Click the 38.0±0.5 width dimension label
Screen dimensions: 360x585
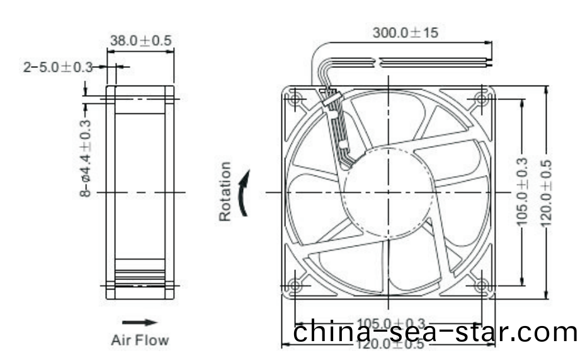[x=140, y=40]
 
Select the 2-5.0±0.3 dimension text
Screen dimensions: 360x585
[x=58, y=67]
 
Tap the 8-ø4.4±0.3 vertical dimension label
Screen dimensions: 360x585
[x=86, y=158]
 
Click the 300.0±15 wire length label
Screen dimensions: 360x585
[x=404, y=33]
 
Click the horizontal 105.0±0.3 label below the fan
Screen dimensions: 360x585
[x=390, y=323]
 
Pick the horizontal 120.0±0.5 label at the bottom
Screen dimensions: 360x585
[x=390, y=344]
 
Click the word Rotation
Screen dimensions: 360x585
[x=225, y=191]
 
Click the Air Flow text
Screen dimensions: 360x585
[x=140, y=340]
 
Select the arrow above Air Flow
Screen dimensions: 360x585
[x=140, y=322]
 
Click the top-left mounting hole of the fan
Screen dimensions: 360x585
[x=295, y=98]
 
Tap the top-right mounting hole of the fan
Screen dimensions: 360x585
[x=482, y=98]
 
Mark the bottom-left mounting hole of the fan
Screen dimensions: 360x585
[x=295, y=285]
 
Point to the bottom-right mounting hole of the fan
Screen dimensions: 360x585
[x=482, y=285]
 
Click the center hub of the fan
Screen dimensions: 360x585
[x=389, y=191]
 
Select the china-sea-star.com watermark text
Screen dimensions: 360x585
[x=435, y=332]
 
